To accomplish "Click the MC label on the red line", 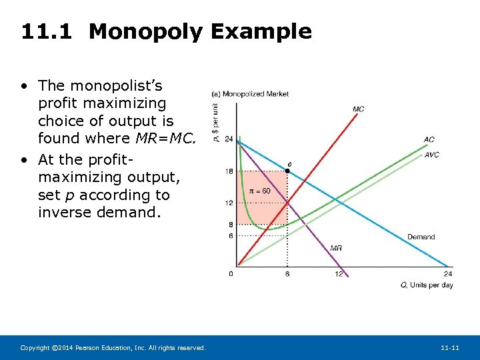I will [x=358, y=109].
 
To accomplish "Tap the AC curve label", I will [x=429, y=139].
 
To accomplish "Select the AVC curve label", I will [x=431, y=155].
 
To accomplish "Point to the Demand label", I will [x=421, y=237].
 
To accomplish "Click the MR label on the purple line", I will [x=336, y=248].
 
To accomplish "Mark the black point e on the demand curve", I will [x=287, y=171].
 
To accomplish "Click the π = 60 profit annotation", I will [x=259, y=191].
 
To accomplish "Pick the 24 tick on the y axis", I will [x=229, y=139].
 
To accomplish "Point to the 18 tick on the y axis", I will [x=229, y=171].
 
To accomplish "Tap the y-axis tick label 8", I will [x=231, y=225].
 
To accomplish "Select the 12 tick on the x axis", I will [x=339, y=273].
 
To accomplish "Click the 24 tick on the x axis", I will [x=447, y=273].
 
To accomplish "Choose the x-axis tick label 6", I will [x=287, y=273].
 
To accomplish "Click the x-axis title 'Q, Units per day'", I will [x=426, y=285].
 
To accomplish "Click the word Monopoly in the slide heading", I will [x=145, y=31].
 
